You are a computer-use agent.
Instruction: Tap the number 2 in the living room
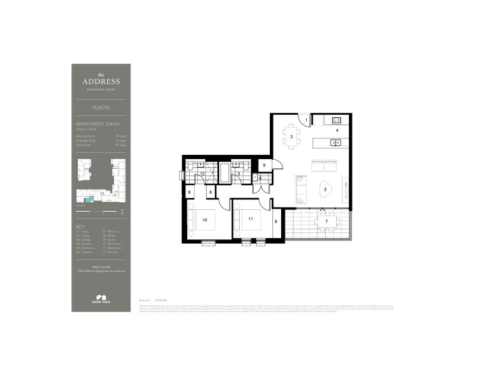coord(326,189)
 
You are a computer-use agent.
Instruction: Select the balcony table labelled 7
coord(326,222)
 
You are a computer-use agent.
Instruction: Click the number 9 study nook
coord(264,165)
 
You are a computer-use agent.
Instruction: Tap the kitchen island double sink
coord(336,143)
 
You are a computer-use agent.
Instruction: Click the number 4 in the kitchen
coord(338,130)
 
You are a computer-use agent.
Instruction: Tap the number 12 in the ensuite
coord(202,174)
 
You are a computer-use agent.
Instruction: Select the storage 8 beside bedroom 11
coord(276,221)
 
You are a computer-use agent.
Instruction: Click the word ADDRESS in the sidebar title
coord(101,81)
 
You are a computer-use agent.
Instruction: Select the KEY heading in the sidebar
coord(80,226)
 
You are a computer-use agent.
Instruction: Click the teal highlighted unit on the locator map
coord(90,199)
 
